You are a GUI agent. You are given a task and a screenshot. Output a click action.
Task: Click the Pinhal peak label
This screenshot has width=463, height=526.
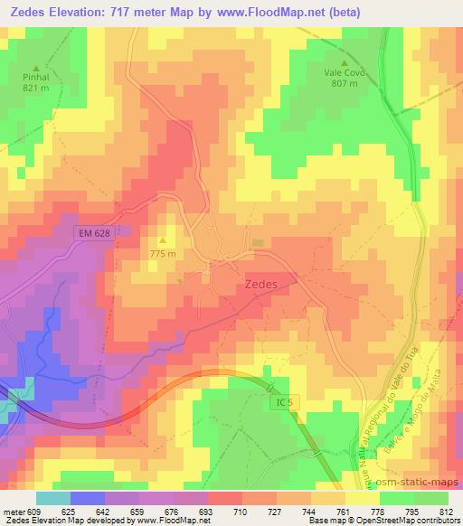click(36, 78)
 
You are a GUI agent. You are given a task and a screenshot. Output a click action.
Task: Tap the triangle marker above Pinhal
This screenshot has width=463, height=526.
click(36, 68)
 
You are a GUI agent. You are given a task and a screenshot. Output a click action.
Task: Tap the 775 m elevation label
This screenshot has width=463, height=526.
click(163, 253)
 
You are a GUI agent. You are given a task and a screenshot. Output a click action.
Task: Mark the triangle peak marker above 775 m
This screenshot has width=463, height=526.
click(163, 240)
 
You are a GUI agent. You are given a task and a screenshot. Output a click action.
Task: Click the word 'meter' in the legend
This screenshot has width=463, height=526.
click(13, 512)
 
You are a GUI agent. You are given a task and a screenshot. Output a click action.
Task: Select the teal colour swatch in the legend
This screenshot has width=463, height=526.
click(53, 498)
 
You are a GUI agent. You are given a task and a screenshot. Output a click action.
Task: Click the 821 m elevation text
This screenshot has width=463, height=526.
click(36, 89)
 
